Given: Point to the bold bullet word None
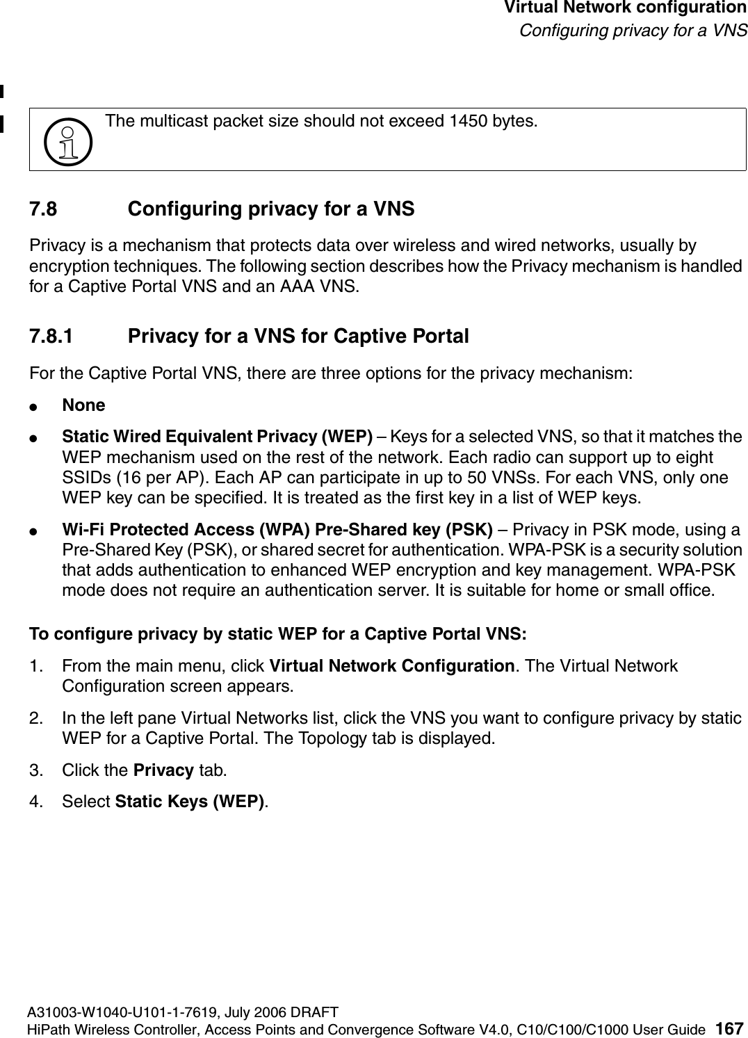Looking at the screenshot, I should [x=83, y=405].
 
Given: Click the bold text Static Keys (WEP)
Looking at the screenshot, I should [x=189, y=802].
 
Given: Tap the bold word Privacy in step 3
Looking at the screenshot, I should [x=163, y=770].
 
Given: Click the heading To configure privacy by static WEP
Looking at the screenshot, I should [x=277, y=634].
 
